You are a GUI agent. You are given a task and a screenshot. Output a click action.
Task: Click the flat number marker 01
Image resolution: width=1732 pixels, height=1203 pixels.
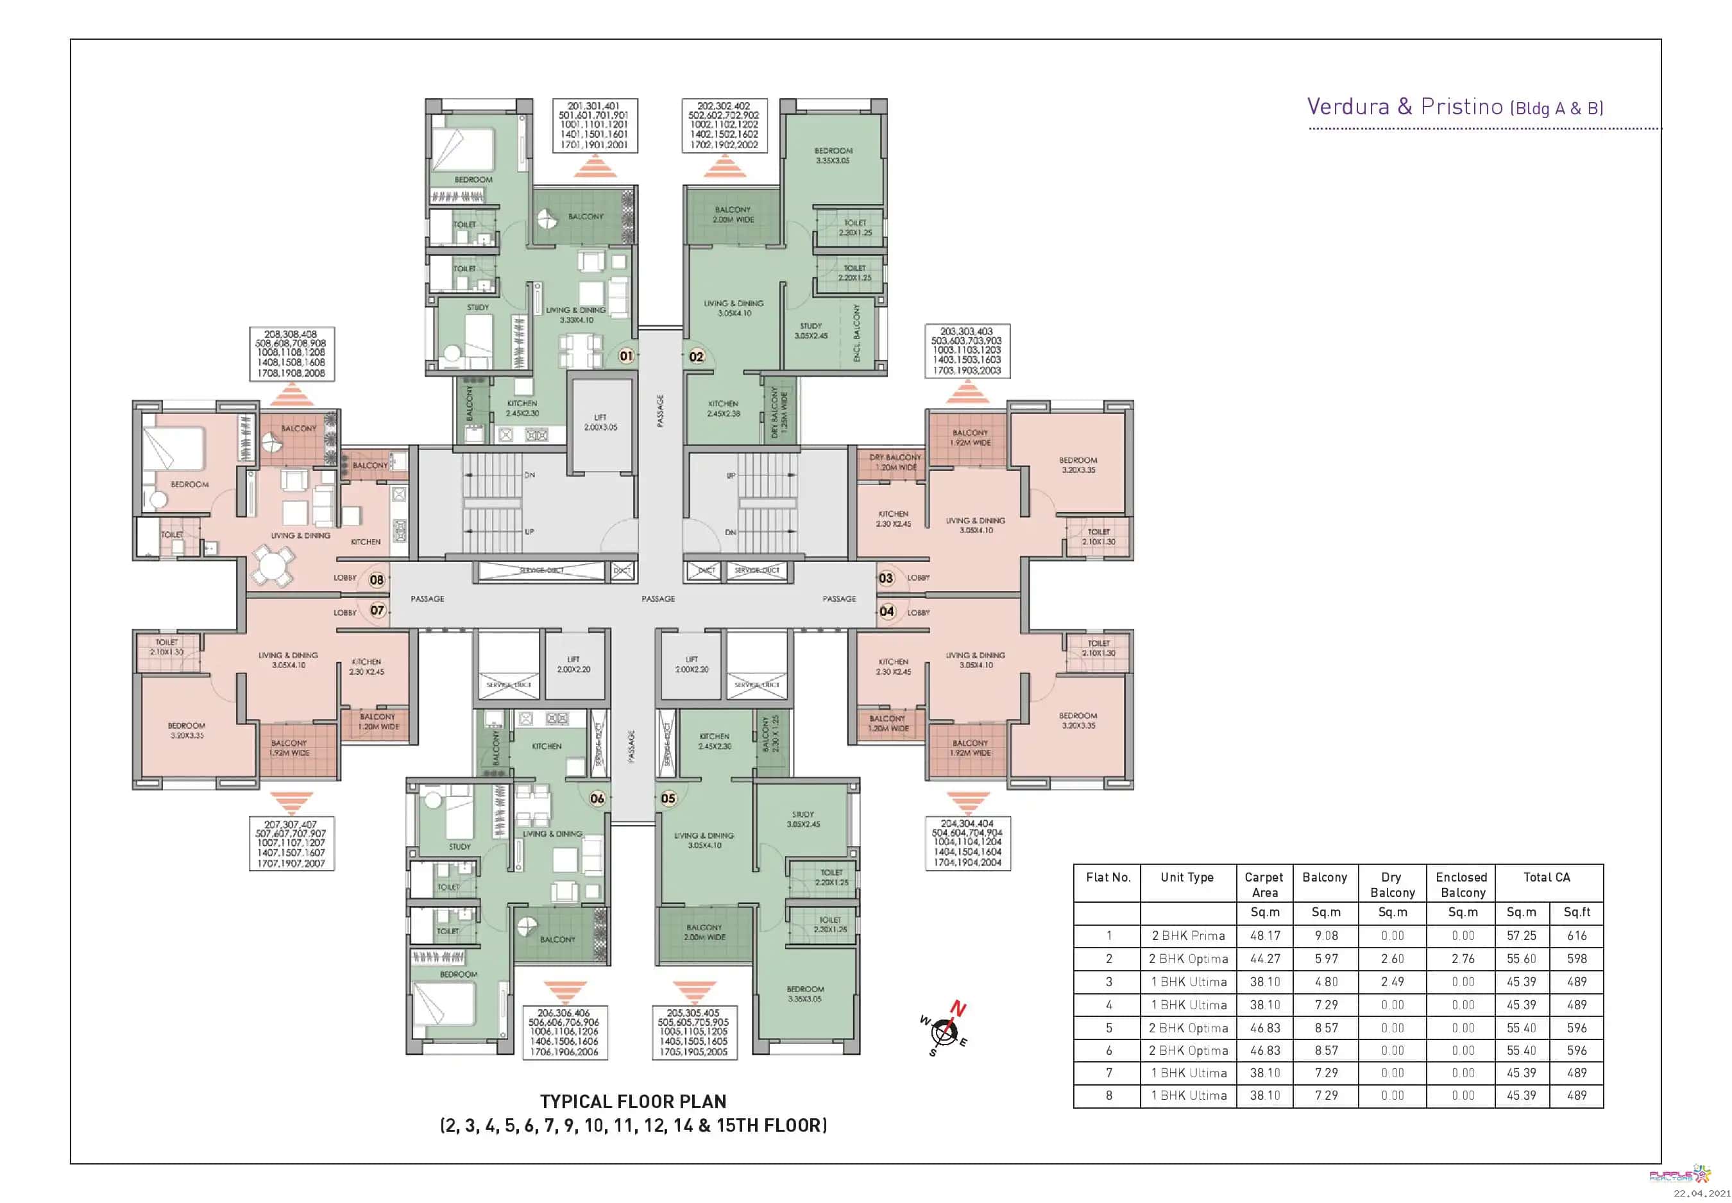click(x=626, y=356)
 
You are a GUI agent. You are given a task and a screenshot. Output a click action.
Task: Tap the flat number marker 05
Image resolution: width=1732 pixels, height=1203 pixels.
click(x=668, y=798)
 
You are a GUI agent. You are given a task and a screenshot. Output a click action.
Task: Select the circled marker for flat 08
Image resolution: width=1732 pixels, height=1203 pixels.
click(x=377, y=579)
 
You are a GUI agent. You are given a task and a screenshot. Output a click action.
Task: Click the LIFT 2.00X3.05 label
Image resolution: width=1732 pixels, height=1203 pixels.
click(x=600, y=422)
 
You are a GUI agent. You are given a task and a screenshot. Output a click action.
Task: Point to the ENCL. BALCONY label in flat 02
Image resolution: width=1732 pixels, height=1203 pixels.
click(x=856, y=332)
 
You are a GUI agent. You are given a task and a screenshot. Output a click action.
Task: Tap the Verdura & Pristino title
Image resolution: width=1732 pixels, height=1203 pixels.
click(x=1455, y=107)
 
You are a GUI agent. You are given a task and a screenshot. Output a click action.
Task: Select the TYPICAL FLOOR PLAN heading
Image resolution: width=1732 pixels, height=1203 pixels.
click(x=633, y=1101)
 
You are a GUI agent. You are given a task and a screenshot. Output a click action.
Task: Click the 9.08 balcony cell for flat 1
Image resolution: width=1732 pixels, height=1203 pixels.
click(x=1326, y=935)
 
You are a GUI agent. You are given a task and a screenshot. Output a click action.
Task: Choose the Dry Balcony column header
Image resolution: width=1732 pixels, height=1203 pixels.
click(x=1392, y=885)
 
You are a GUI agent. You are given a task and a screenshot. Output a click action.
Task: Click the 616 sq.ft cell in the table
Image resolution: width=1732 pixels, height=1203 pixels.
click(x=1577, y=935)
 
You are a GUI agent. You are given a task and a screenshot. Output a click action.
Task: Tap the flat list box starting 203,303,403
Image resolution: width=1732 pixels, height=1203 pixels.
click(x=967, y=351)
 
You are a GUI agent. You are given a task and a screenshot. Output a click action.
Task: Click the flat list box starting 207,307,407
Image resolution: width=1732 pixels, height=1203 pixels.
click(x=292, y=844)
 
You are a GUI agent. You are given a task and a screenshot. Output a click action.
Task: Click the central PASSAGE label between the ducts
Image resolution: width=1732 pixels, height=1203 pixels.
click(x=658, y=599)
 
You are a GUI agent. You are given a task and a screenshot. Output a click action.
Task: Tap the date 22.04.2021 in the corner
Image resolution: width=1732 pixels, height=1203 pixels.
click(x=1702, y=1193)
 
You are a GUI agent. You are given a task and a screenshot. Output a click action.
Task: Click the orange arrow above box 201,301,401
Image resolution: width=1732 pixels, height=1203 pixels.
click(x=595, y=166)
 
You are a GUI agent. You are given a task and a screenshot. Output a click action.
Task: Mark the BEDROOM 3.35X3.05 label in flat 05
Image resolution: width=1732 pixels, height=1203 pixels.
click(x=805, y=993)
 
